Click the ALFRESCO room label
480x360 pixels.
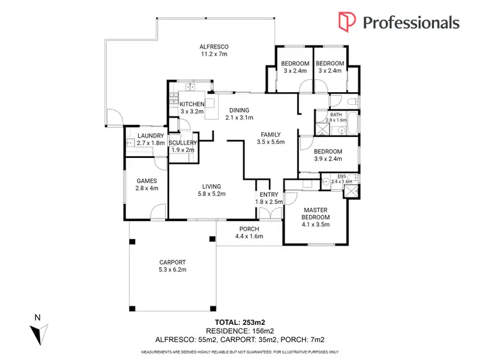214,47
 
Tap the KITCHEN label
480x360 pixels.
192,104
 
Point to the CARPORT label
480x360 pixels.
172,262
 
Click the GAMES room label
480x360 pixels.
147,181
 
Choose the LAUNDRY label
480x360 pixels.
151,136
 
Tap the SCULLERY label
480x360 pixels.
183,143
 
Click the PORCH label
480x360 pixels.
248,230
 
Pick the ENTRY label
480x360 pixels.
268,194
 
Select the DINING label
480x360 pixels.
240,110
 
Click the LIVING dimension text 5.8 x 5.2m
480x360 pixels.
211,194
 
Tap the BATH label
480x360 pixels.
336,114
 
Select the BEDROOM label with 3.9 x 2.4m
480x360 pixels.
328,151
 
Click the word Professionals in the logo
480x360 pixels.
411,22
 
